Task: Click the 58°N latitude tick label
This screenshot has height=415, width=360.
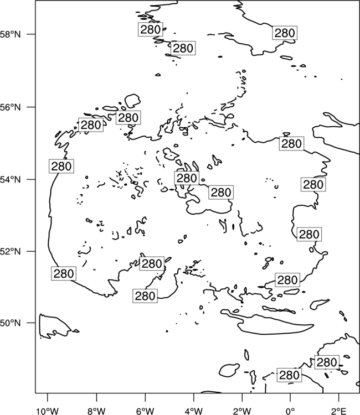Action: click(x=11, y=34)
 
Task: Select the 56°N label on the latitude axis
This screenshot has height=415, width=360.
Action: click(x=11, y=107)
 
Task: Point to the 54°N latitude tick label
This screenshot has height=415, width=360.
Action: click(x=11, y=179)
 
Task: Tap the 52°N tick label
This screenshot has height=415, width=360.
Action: click(x=11, y=251)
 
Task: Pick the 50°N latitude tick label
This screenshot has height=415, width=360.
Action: click(x=11, y=323)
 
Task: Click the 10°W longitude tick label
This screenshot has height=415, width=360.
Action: click(x=48, y=411)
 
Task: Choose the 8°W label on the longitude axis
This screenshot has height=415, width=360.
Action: click(x=96, y=411)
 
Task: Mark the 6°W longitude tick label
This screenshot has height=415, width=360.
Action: click(x=145, y=411)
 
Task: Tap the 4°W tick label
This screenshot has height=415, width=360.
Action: click(x=194, y=411)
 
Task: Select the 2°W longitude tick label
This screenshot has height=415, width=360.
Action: click(x=242, y=411)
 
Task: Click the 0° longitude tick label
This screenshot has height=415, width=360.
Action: click(x=290, y=411)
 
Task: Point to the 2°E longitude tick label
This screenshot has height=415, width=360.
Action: click(x=339, y=411)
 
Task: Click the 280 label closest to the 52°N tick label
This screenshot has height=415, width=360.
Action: click(x=64, y=273)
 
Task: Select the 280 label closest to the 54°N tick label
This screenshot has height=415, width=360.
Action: click(x=61, y=166)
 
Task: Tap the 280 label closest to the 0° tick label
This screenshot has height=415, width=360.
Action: click(x=289, y=375)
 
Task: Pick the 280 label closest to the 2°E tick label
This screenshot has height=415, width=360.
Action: click(x=327, y=362)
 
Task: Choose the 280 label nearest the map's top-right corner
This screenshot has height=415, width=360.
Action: click(x=285, y=33)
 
